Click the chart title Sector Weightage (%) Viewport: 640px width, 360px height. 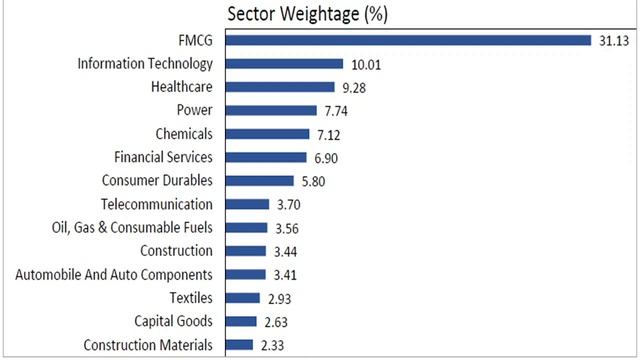pos(307,14)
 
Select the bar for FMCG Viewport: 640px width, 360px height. pos(409,41)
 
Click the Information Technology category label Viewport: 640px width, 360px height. pos(145,64)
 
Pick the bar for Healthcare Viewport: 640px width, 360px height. pos(281,87)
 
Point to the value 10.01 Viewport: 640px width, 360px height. pos(365,64)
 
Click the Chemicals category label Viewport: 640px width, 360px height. pos(184,134)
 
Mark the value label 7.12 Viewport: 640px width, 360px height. pos(332,134)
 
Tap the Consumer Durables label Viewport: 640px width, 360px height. pos(157,181)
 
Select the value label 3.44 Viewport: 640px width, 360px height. pos(287,251)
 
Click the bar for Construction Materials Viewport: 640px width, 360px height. pos(240,345)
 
